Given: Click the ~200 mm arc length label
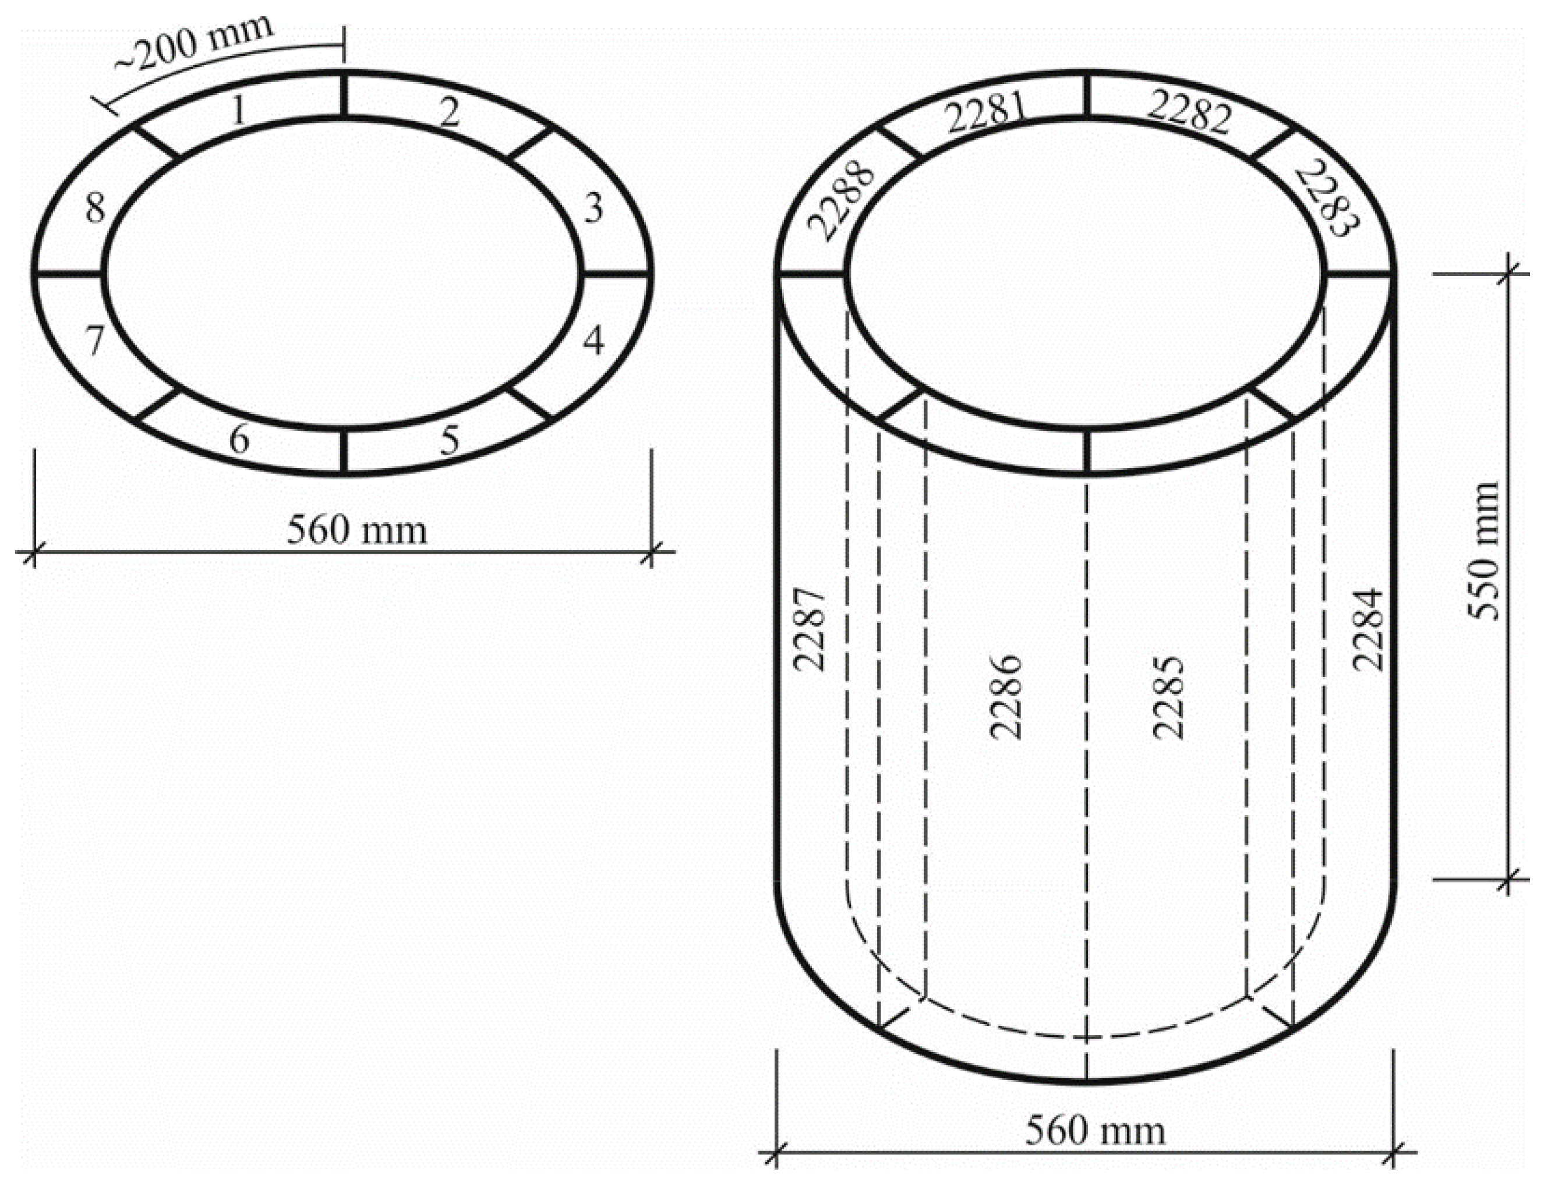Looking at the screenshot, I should click(x=194, y=44).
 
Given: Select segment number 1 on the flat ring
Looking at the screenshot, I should click(x=239, y=111).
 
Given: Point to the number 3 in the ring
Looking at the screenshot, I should click(x=593, y=208).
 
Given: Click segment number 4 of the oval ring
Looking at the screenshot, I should click(x=593, y=341).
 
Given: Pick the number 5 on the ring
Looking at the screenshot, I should click(x=449, y=441).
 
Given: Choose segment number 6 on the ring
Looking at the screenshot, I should click(x=240, y=441).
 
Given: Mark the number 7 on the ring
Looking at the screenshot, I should click(x=95, y=341).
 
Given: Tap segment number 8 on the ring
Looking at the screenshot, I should click(x=95, y=208).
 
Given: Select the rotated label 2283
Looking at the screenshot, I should click(x=1326, y=199).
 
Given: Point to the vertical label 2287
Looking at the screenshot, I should click(x=808, y=629).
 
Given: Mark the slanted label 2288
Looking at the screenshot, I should click(x=842, y=204).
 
